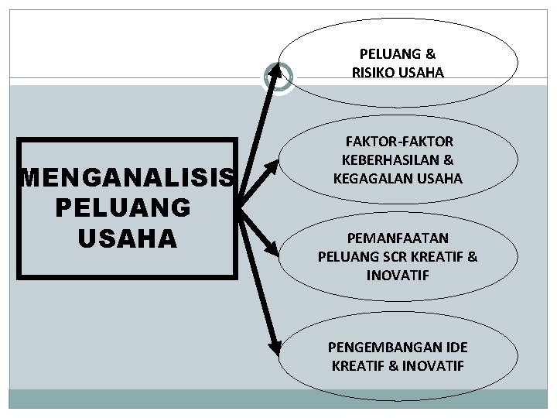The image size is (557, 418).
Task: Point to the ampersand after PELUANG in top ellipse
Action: tap(430, 54)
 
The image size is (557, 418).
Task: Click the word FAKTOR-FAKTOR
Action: tap(398, 142)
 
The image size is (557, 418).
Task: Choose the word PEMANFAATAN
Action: tap(398, 238)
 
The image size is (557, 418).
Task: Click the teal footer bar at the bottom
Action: tap(278, 401)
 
